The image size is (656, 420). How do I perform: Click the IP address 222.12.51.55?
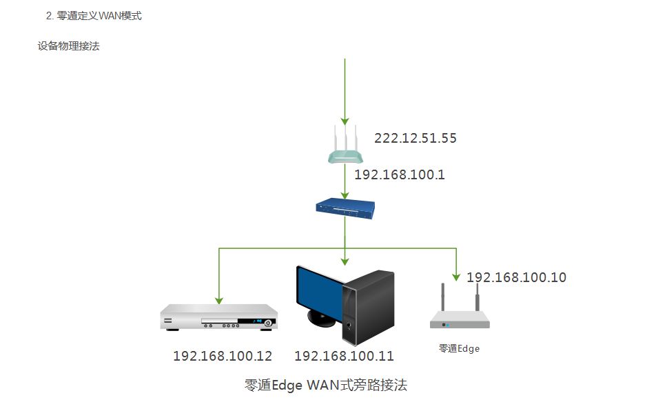(415, 138)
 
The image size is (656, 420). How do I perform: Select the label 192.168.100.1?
(400, 174)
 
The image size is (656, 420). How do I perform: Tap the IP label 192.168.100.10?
(516, 277)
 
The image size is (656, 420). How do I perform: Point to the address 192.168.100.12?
(223, 356)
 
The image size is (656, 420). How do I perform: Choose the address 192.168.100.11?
(344, 356)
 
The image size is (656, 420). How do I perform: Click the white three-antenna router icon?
(346, 143)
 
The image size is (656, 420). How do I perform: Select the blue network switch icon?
(345, 208)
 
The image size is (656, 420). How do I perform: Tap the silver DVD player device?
(219, 317)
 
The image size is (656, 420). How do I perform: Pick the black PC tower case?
(368, 308)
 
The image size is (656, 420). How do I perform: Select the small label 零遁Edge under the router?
(459, 348)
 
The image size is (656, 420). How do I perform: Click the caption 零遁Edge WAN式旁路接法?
(325, 385)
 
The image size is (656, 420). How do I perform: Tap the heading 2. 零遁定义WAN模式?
(94, 16)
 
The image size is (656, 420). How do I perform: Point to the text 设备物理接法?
(69, 46)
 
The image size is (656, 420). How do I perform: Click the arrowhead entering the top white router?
(345, 121)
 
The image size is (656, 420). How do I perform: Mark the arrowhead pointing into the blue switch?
(345, 196)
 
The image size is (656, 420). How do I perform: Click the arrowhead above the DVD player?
(219, 301)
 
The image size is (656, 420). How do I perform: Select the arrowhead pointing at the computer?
(345, 261)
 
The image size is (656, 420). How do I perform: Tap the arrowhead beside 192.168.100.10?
(456, 277)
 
